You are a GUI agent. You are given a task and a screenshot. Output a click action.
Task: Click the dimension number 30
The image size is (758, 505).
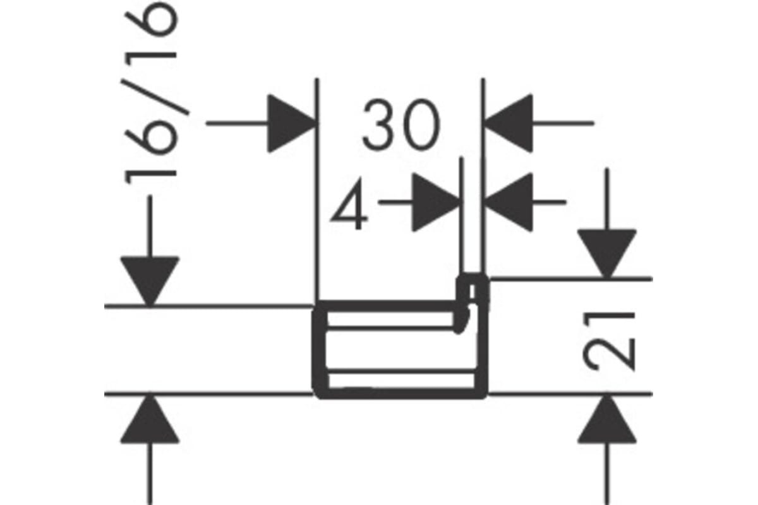[401, 125]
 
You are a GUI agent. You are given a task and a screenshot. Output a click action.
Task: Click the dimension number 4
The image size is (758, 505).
[350, 205]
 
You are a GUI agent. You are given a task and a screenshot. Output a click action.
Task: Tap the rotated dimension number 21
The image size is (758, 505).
[609, 342]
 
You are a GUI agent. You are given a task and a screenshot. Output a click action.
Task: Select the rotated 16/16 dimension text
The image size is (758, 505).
[151, 93]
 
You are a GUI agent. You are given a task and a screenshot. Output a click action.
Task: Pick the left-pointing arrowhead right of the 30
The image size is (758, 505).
[508, 124]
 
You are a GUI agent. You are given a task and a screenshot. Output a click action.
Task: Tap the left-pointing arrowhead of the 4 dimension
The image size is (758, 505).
[508, 202]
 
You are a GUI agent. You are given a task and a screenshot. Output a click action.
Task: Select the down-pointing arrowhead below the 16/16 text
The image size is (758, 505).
[150, 282]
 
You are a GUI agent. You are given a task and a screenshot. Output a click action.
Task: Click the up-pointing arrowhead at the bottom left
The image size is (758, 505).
[150, 419]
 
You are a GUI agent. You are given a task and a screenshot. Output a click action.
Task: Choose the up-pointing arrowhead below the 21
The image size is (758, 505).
[607, 419]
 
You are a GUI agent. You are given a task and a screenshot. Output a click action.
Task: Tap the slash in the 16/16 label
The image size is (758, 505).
[155, 97]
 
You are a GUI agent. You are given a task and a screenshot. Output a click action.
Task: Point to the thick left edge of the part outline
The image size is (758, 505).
[320, 350]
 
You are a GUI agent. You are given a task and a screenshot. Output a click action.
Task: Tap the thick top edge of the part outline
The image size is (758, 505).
[386, 306]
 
